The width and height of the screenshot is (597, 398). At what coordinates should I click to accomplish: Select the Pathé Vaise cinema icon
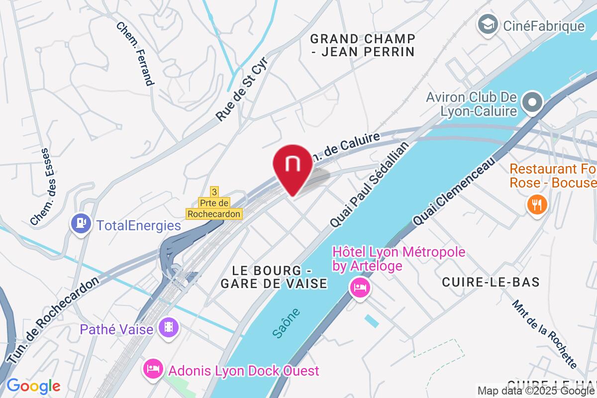tap(169, 327)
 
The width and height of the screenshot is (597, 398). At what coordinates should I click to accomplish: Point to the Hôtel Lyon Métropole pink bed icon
tap(360, 288)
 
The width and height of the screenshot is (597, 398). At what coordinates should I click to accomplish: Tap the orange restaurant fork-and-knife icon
tap(536, 204)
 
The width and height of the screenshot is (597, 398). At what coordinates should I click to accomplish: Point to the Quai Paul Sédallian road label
tap(369, 185)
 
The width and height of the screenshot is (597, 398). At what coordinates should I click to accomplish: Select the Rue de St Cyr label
tap(242, 92)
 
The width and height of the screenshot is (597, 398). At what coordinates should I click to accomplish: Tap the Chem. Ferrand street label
tap(135, 53)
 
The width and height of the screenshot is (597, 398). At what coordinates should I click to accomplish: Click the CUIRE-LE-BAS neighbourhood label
tap(491, 282)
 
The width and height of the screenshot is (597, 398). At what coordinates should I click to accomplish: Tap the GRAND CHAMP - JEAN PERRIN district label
tap(362, 45)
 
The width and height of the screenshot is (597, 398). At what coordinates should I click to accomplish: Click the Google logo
tap(33, 386)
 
